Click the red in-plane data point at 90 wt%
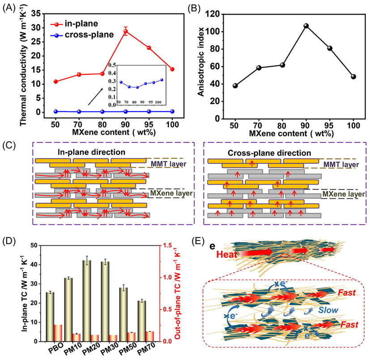(x=126, y=31)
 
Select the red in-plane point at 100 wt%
(x=172, y=69)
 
